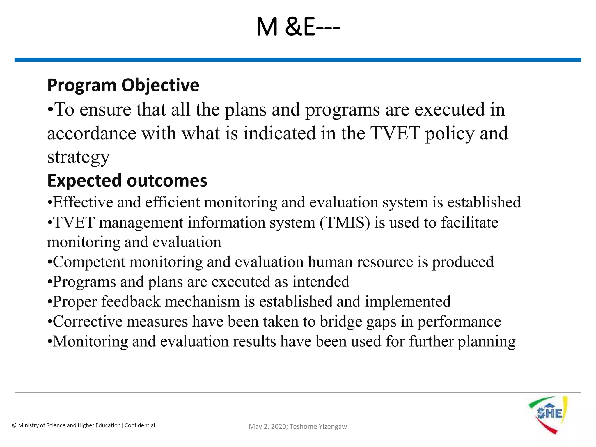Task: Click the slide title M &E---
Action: click(298, 27)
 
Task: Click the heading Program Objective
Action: click(123, 85)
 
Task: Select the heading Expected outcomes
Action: click(127, 180)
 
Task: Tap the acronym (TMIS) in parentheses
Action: click(345, 223)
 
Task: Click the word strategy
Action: click(79, 157)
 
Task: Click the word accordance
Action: click(92, 134)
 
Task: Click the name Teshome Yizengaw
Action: click(318, 427)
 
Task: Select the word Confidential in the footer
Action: click(140, 425)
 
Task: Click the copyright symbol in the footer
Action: click(14, 425)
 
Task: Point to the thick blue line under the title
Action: click(298, 60)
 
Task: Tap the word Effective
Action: click(83, 202)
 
